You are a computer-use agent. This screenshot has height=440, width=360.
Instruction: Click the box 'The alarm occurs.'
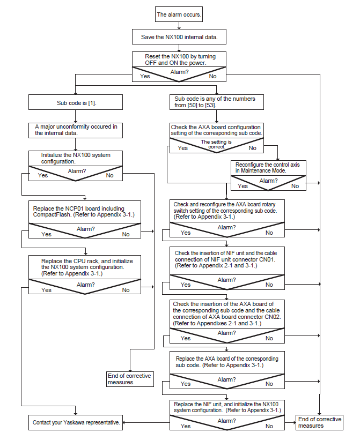point(179,14)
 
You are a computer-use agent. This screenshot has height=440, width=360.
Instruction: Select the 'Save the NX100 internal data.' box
point(179,37)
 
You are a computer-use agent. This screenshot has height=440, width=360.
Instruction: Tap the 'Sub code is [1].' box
point(76,102)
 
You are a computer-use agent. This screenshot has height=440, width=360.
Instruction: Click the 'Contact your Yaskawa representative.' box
point(76,423)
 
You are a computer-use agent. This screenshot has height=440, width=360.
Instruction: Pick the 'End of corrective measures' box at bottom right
point(320,422)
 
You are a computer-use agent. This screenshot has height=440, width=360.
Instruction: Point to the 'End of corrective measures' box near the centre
point(130,379)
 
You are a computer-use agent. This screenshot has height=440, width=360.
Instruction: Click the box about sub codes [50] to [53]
point(217,102)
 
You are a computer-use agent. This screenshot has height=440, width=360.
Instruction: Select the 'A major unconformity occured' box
point(76,130)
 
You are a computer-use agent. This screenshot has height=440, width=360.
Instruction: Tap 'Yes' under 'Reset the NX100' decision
point(145,76)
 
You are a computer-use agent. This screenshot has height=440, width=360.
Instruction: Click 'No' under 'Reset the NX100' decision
point(212,76)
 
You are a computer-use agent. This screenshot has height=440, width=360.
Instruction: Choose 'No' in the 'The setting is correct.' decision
point(253,148)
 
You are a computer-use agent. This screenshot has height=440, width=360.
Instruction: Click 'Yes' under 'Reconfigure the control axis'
point(243,186)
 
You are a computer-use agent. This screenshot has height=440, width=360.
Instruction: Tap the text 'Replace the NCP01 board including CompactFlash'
point(84,212)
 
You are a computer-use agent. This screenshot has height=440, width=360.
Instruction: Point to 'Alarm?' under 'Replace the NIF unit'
point(226,421)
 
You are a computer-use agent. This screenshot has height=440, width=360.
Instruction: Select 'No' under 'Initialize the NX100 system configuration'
point(109,175)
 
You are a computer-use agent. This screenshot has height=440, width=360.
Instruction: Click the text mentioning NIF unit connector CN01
point(226,259)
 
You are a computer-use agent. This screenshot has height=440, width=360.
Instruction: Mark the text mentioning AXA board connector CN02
point(227,314)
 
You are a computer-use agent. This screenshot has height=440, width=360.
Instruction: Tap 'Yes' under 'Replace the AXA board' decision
point(185,384)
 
